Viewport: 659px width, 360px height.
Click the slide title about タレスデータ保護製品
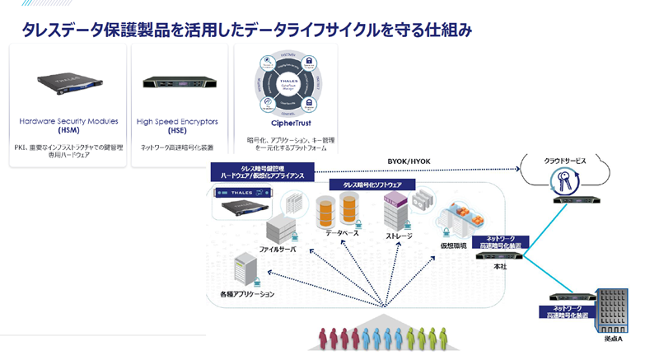point(247,30)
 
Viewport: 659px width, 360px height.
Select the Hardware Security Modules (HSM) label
point(68,125)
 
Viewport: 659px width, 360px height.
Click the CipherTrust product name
point(281,123)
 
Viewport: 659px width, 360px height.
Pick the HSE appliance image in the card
point(178,82)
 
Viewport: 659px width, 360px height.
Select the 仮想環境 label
point(452,245)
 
